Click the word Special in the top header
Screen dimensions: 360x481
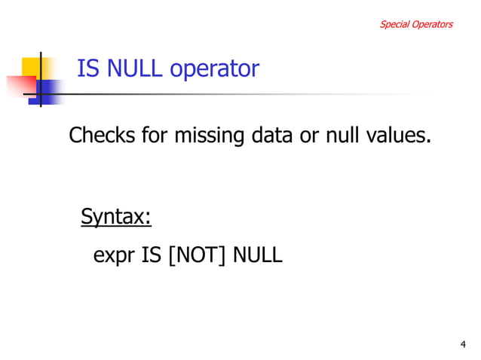(x=393, y=24)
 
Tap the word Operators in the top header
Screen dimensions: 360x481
(x=431, y=24)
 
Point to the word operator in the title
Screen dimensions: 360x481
(x=214, y=70)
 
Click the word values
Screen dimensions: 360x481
(x=400, y=136)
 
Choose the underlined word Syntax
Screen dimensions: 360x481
(x=116, y=218)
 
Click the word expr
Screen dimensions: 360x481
(x=114, y=256)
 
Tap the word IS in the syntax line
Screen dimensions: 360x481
(x=152, y=255)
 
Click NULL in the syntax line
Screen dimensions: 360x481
(x=257, y=255)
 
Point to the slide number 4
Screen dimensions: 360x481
(x=463, y=344)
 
